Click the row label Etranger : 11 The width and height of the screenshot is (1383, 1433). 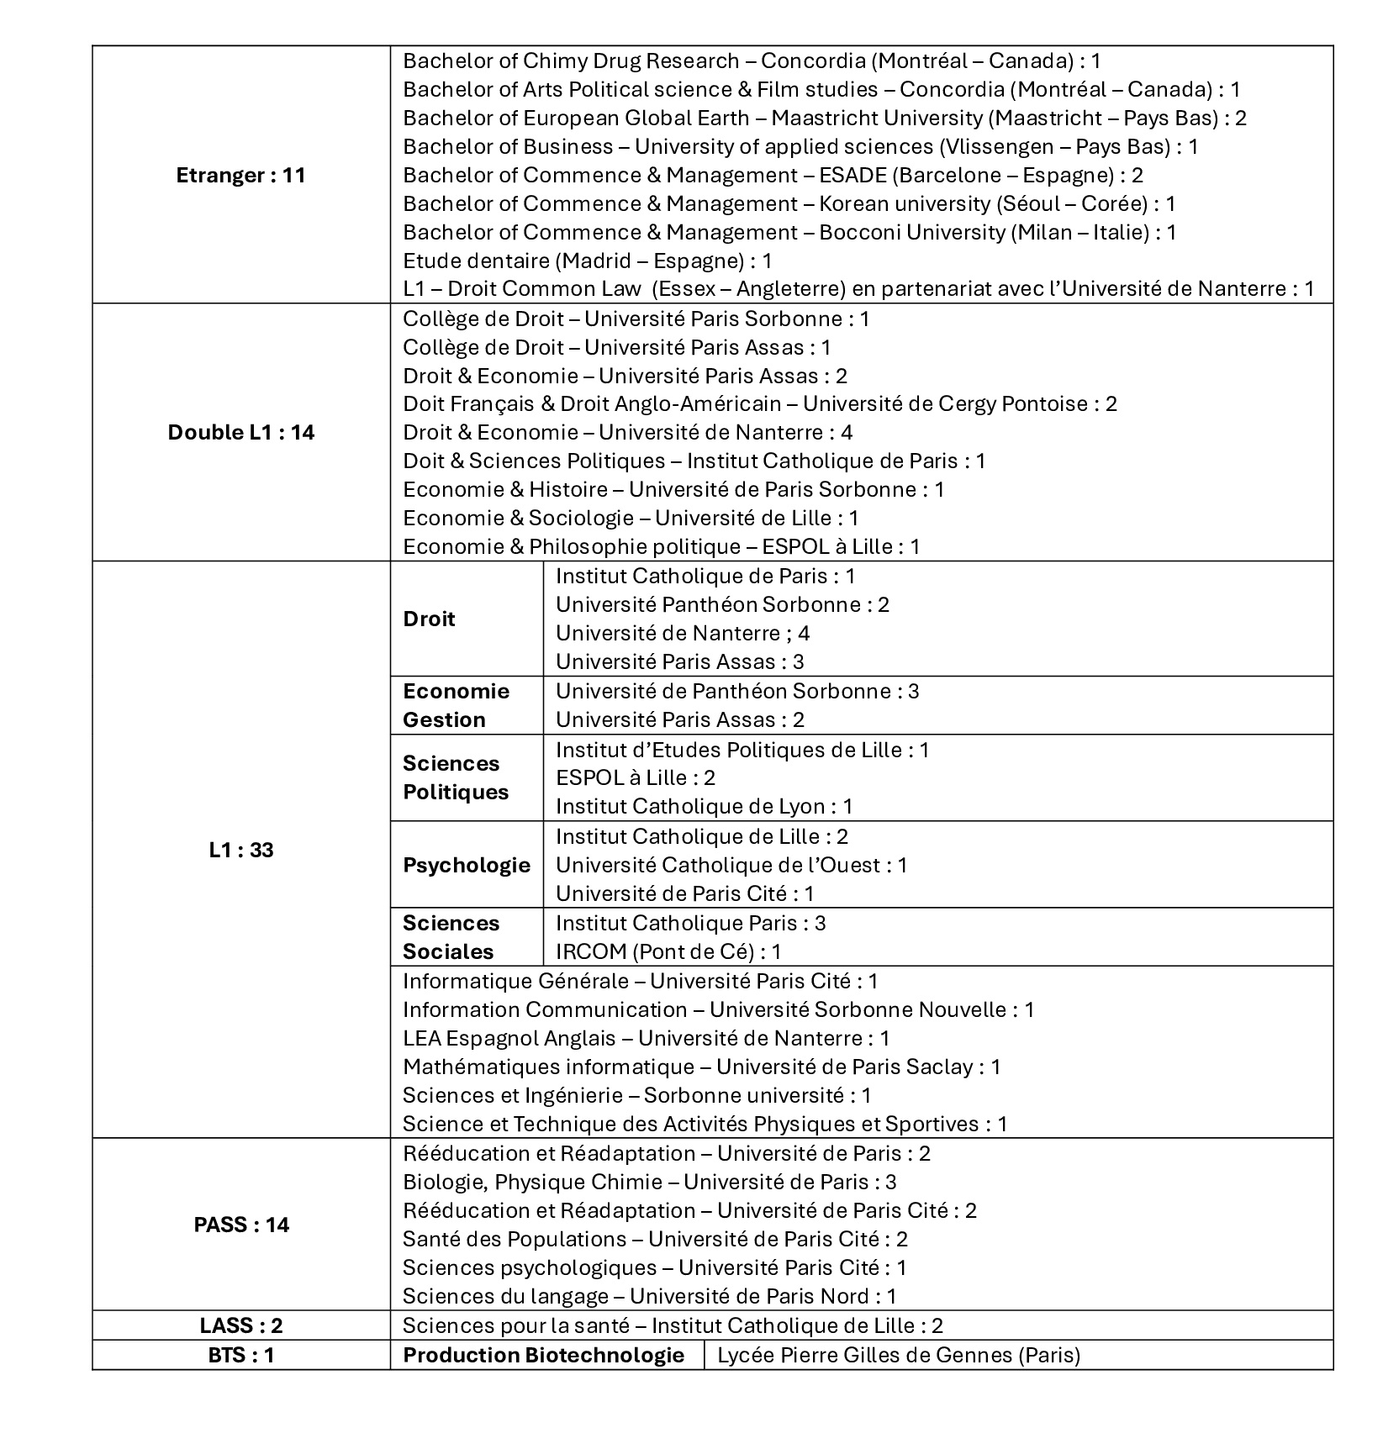point(241,176)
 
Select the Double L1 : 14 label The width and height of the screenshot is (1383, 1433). point(241,433)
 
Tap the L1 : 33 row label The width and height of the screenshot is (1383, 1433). point(241,851)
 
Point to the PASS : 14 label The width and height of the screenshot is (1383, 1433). point(241,1225)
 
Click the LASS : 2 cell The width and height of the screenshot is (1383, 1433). point(241,1325)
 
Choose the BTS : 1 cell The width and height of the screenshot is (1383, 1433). point(241,1355)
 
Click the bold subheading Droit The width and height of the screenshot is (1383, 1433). point(429,619)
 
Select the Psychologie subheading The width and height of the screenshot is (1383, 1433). point(467,866)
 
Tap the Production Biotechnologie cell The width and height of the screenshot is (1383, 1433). point(543,1355)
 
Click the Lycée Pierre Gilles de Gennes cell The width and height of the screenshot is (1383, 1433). point(899,1355)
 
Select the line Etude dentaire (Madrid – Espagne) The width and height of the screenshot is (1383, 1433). point(587,261)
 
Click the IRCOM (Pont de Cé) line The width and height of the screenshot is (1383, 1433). point(668,952)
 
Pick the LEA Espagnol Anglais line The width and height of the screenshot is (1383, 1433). point(646,1039)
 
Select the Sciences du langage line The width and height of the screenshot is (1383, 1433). point(649,1296)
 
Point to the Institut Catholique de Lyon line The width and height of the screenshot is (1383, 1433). point(704,807)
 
